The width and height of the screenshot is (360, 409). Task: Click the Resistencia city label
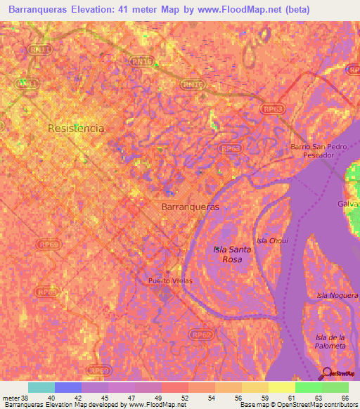[76, 129]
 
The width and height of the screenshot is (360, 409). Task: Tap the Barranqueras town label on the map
[190, 208]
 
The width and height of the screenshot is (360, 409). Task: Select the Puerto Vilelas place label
[169, 280]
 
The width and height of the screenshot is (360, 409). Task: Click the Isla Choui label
[272, 240]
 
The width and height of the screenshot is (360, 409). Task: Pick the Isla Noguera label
[337, 295]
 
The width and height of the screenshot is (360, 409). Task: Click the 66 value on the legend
[345, 398]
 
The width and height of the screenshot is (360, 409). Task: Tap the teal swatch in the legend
[41, 387]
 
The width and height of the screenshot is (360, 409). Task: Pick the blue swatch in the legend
[67, 387]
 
